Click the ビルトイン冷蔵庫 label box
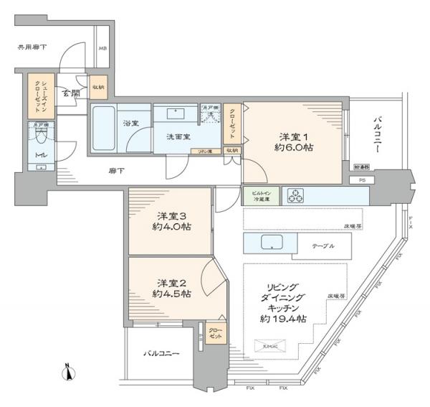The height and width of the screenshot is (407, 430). click(x=260, y=195)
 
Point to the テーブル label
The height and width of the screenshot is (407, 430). click(x=322, y=245)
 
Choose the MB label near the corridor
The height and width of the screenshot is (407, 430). click(x=102, y=50)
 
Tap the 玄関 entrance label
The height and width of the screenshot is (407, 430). click(x=70, y=93)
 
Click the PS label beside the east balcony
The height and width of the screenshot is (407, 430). click(x=362, y=180)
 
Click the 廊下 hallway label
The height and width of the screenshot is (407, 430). click(x=116, y=170)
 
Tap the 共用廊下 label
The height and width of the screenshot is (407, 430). click(x=32, y=48)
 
